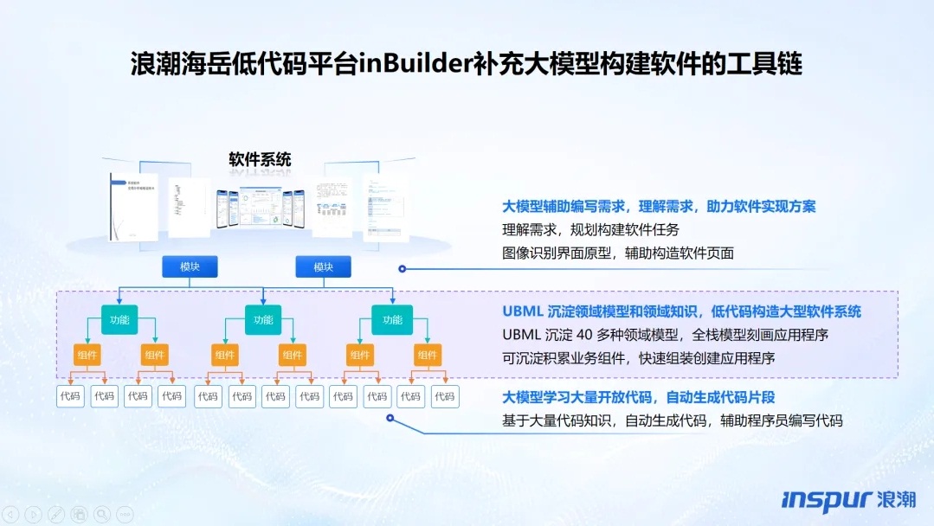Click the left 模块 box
click(190, 266)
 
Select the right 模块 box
click(323, 266)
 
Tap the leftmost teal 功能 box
click(119, 320)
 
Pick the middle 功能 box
click(263, 320)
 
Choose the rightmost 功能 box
click(392, 320)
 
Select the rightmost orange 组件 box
click(427, 355)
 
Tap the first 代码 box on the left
click(70, 396)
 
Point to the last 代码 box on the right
click(444, 396)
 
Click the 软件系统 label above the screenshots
click(260, 159)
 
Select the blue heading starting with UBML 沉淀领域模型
click(681, 311)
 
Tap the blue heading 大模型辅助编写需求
click(659, 207)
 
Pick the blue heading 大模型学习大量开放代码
click(638, 397)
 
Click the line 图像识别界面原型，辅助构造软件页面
click(618, 253)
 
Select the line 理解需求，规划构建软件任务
click(591, 230)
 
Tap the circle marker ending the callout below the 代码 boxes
click(390, 419)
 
